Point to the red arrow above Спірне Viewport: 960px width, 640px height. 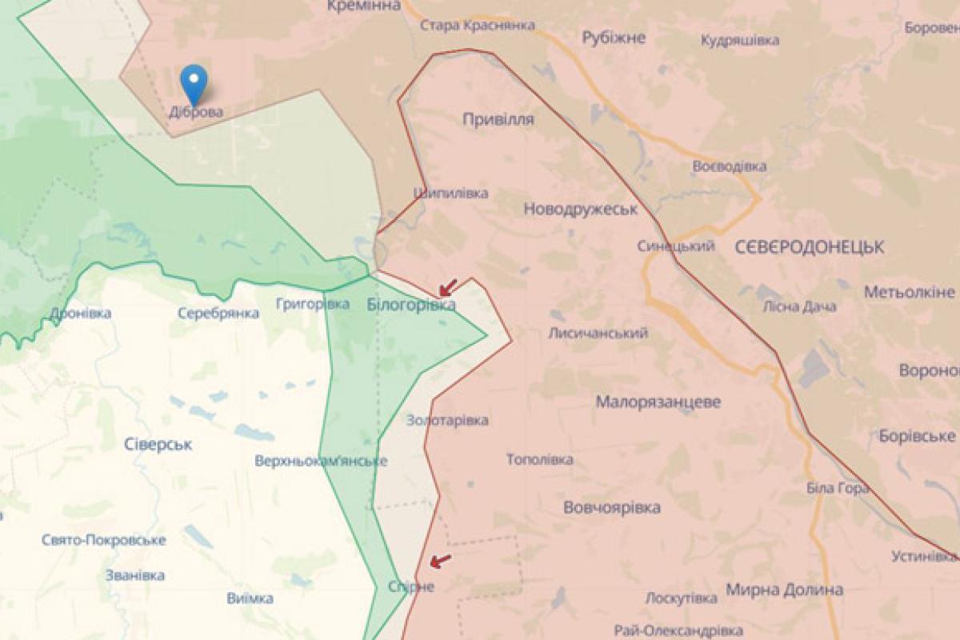439,561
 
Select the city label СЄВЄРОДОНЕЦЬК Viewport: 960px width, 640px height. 809,247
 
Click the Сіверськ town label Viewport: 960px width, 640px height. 158,444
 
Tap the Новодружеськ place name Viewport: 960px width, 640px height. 580,209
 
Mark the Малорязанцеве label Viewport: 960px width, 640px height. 658,402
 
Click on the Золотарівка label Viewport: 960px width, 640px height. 447,420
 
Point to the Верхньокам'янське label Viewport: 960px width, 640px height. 321,461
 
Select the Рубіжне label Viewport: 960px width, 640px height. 613,37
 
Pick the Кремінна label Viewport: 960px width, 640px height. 363,6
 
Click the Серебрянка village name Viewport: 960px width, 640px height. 218,314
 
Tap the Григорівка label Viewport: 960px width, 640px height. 312,304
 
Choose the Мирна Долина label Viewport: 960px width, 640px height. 784,590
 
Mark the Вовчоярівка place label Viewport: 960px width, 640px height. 612,507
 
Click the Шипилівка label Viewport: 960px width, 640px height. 450,193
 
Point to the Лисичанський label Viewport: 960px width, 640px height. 598,333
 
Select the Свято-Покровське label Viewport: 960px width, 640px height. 104,540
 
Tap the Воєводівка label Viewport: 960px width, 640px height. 729,166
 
